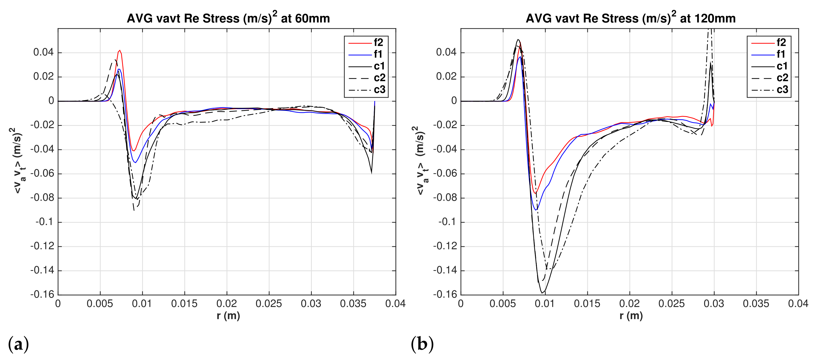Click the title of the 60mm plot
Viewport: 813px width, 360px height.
[228, 18]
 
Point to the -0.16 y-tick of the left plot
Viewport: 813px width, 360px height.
[42, 294]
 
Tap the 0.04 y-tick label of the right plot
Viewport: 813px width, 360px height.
[446, 52]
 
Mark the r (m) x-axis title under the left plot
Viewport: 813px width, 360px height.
[228, 316]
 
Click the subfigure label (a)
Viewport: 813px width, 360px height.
[18, 344]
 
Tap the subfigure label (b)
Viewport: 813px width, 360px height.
[422, 344]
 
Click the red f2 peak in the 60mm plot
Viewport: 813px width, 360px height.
[120, 50]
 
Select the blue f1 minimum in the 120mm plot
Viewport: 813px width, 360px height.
[536, 210]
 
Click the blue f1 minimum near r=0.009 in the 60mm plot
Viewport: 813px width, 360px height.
[136, 163]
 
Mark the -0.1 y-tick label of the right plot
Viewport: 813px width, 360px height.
[447, 222]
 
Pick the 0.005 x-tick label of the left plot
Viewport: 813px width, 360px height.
[100, 304]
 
